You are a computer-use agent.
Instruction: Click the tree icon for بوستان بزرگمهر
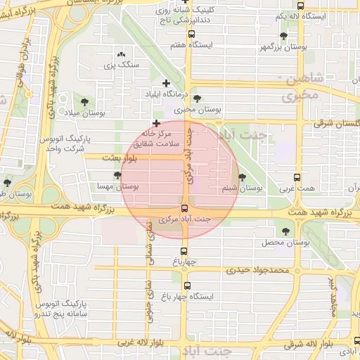pyautogui.click(x=283, y=35)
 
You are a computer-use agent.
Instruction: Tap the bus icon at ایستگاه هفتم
pyautogui.click(x=191, y=34)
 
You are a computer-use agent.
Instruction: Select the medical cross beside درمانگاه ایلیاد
pyautogui.click(x=166, y=84)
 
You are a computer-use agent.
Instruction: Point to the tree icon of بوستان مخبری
pyautogui.click(x=196, y=98)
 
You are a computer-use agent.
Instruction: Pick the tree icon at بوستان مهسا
pyautogui.click(x=117, y=175)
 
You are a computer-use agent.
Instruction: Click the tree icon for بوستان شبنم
pyautogui.click(x=243, y=177)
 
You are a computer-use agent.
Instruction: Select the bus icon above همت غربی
pyautogui.click(x=298, y=178)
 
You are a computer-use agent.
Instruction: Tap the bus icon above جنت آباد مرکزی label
pyautogui.click(x=184, y=208)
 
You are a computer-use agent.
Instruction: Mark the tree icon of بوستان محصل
pyautogui.click(x=285, y=231)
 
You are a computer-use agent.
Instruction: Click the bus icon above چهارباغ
pyautogui.click(x=184, y=250)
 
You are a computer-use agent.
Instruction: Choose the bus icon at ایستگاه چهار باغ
pyautogui.click(x=187, y=285)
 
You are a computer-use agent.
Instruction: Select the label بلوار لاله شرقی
pyautogui.click(x=310, y=345)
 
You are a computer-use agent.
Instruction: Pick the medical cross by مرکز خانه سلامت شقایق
pyautogui.click(x=156, y=124)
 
